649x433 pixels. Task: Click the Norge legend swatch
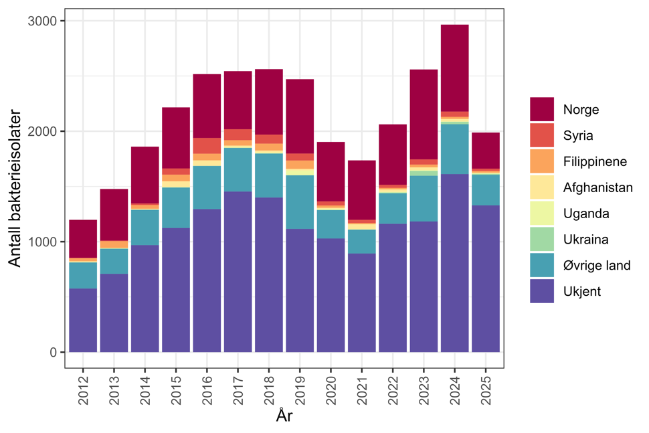pos(542,110)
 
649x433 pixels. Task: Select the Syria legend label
pos(577,136)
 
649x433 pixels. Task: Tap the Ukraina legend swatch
pos(542,240)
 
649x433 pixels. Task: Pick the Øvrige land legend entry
pos(596,266)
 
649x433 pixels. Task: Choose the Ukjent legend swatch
pos(542,291)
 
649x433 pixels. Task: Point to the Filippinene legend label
pos(595,162)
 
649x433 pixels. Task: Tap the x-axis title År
pos(284,416)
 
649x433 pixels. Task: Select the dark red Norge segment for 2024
pos(455,68)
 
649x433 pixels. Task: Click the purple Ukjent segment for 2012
pos(83,320)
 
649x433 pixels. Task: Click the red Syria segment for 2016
pos(207,145)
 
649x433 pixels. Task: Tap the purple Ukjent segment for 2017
pos(238,271)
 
